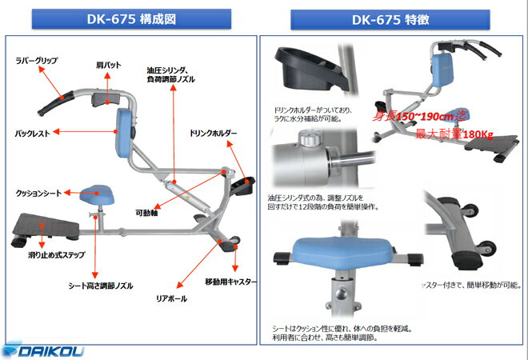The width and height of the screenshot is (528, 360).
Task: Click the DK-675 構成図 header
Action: tap(128, 19)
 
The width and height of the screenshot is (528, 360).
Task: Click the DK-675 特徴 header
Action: tap(395, 19)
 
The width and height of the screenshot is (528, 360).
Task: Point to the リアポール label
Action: tap(171, 298)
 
